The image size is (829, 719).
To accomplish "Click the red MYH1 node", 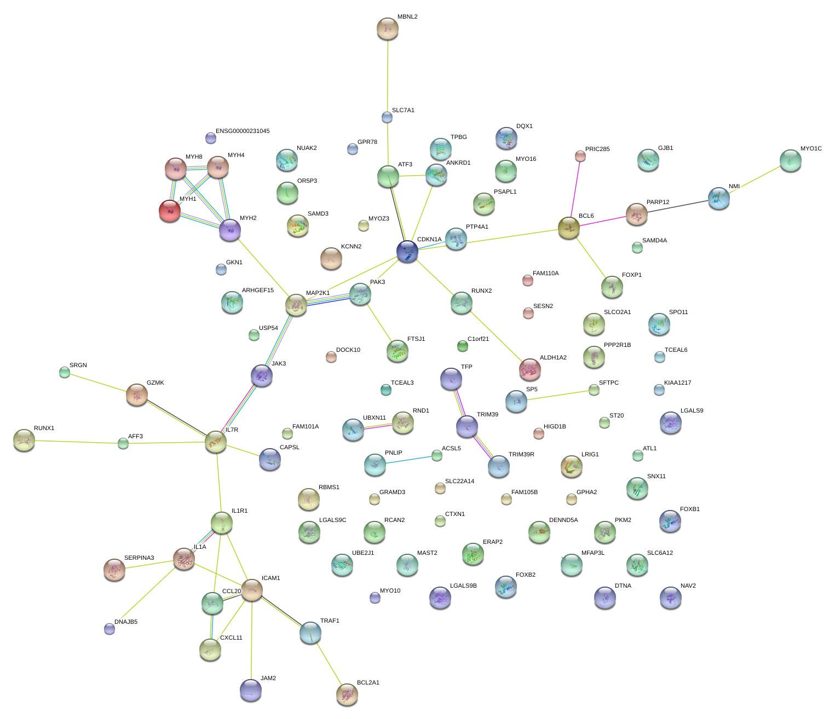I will pyautogui.click(x=169, y=210).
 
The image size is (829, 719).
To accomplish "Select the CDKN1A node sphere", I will pyautogui.click(x=407, y=251).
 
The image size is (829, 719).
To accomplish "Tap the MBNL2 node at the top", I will pyautogui.click(x=388, y=28).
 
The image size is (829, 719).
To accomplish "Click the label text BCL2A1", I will pyautogui.click(x=368, y=682).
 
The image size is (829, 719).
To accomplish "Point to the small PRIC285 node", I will pyautogui.click(x=580, y=156).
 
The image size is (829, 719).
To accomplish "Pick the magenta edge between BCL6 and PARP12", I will pyautogui.click(x=602, y=221).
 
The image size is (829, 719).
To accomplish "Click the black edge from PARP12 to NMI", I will pyautogui.click(x=678, y=206).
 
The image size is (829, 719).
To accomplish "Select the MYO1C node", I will pyautogui.click(x=790, y=160).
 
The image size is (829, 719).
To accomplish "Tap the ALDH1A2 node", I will pyautogui.click(x=529, y=369).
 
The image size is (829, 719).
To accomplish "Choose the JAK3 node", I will pyautogui.click(x=262, y=375).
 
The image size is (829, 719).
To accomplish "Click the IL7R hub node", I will pyautogui.click(x=216, y=442).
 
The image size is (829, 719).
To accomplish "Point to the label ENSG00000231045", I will pyautogui.click(x=243, y=131).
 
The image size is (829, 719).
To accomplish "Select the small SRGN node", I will pyautogui.click(x=65, y=373).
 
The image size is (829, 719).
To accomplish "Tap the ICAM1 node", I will pyautogui.click(x=252, y=589).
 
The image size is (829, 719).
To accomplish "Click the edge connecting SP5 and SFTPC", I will pyautogui.click(x=555, y=395).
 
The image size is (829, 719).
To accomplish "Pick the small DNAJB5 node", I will pyautogui.click(x=110, y=629).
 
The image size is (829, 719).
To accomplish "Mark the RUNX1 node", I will pyautogui.click(x=24, y=440).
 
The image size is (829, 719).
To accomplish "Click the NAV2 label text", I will pyautogui.click(x=688, y=586).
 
